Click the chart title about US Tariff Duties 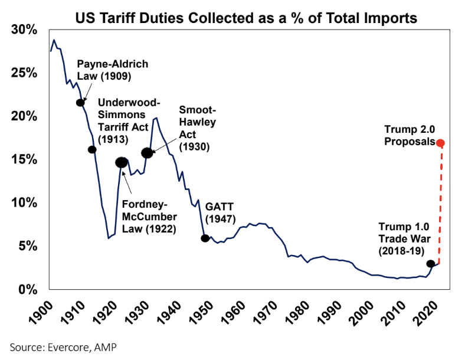[246, 18]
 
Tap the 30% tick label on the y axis [25, 30]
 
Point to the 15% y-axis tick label [25, 159]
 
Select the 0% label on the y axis [28, 289]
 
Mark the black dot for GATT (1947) [205, 238]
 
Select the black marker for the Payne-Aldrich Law [80, 103]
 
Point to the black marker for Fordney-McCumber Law [122, 162]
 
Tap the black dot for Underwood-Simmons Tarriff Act [92, 149]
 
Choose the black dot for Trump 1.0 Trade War [431, 264]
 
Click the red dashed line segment [440, 207]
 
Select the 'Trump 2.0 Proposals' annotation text [410, 135]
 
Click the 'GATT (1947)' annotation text [220, 213]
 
